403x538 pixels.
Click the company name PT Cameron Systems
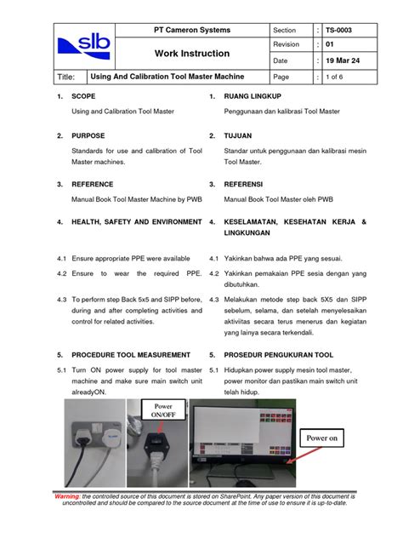[x=191, y=31]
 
